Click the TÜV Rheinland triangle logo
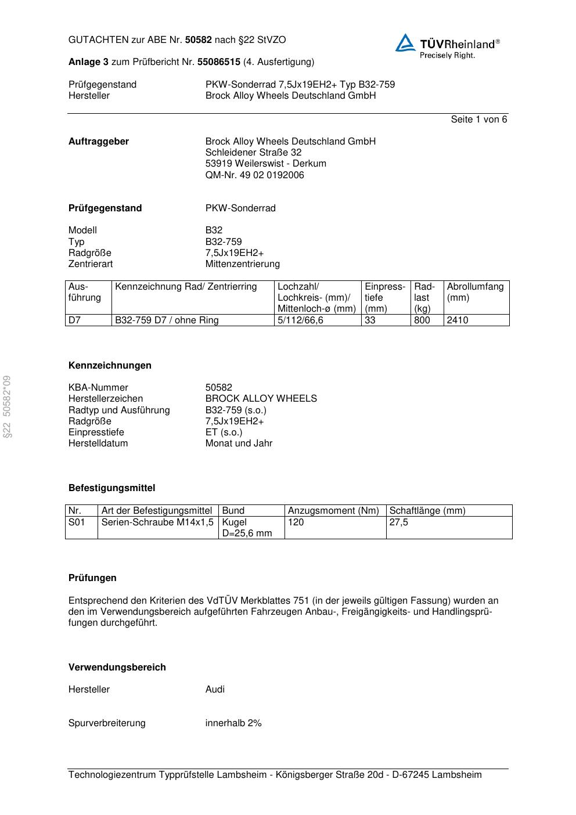(x=405, y=43)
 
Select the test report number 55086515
(x=219, y=62)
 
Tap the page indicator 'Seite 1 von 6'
(x=478, y=120)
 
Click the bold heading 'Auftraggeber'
(x=99, y=142)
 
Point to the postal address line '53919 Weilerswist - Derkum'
(x=265, y=164)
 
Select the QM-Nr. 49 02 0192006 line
(x=254, y=175)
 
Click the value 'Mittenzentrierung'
(x=242, y=264)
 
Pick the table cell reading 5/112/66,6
(x=300, y=320)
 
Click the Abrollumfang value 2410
(x=457, y=320)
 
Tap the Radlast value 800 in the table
(x=422, y=320)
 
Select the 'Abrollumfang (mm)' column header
(x=475, y=292)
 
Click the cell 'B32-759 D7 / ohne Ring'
(x=167, y=320)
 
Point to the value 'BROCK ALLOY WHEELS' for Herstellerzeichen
(x=261, y=399)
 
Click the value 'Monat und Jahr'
(x=239, y=443)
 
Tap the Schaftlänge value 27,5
(x=398, y=522)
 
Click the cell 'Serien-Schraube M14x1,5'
(x=157, y=522)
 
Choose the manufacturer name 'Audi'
(x=215, y=690)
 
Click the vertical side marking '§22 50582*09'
(x=7, y=406)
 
